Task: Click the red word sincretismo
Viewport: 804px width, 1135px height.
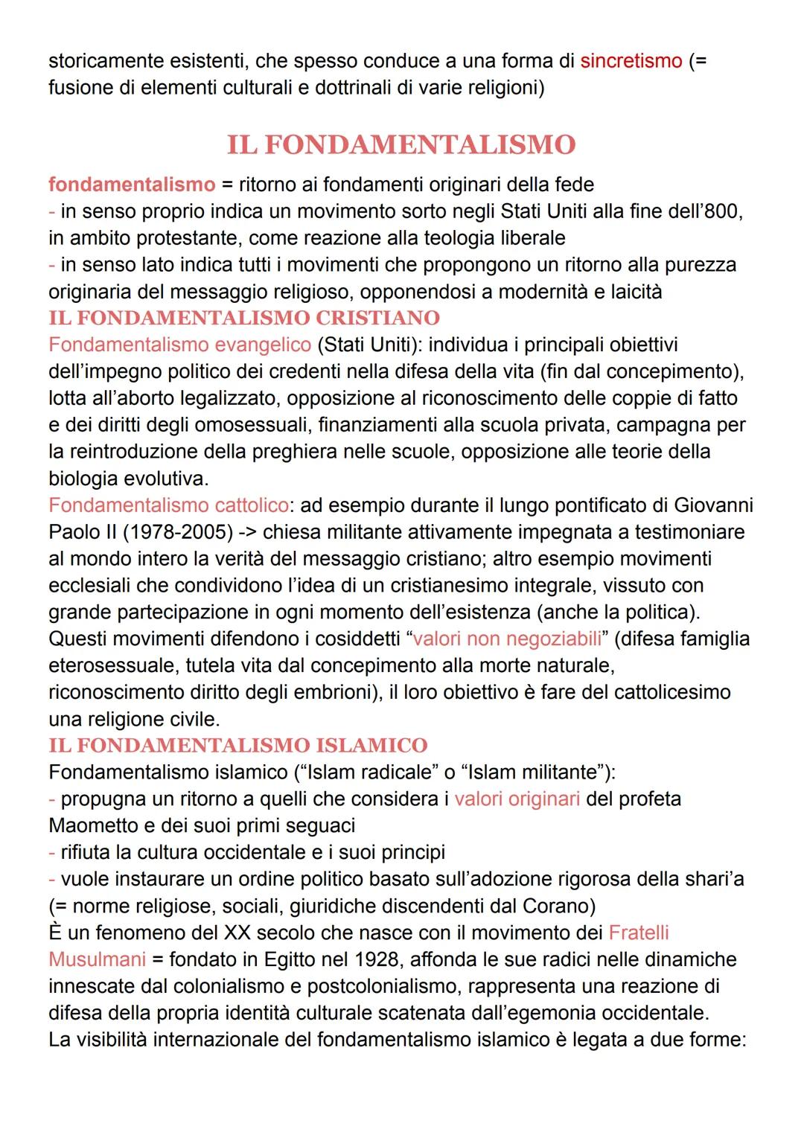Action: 631,60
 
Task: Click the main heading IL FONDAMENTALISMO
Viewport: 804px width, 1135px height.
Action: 401,144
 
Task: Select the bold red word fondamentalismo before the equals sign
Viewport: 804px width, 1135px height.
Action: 132,184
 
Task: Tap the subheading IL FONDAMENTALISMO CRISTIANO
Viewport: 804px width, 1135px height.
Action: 244,318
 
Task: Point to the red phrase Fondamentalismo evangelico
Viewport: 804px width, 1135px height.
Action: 179,345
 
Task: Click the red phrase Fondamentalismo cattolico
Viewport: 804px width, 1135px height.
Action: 168,505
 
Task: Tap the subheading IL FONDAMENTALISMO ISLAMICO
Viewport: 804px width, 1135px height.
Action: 238,745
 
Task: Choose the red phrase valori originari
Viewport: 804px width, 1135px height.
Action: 517,799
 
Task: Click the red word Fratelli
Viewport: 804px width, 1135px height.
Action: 639,933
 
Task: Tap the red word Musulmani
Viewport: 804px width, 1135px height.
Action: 97,959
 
